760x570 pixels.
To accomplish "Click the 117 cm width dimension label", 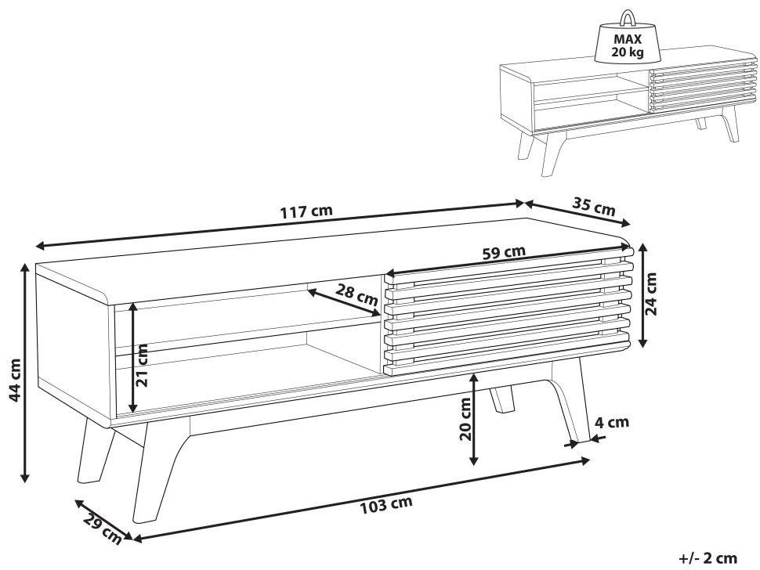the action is click(306, 211).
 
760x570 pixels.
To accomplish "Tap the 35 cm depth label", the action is click(594, 206).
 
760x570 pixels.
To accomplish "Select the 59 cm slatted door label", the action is click(504, 252).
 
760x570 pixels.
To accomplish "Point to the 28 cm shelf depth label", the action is click(356, 295).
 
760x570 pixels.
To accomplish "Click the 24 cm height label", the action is click(651, 294).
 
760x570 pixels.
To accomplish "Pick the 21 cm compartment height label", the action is click(143, 365).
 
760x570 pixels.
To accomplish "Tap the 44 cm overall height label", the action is click(15, 381).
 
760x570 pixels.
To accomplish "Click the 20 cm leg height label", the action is click(465, 419).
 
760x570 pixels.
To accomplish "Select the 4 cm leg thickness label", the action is click(612, 422).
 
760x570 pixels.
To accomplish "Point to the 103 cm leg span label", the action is click(385, 505).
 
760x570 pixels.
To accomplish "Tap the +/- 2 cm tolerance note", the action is click(708, 558).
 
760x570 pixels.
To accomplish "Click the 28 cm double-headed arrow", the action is click(343, 303).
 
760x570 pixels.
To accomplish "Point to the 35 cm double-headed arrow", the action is click(577, 214).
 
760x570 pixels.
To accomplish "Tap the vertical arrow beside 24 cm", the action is click(642, 295).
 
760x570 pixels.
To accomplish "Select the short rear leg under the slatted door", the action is click(502, 399).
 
